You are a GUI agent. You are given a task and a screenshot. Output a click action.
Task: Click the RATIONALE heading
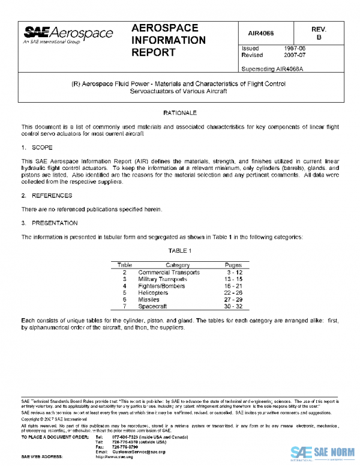click(180, 113)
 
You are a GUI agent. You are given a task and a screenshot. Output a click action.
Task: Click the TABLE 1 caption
click(180, 250)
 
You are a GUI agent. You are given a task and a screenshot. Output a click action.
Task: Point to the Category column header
click(178, 265)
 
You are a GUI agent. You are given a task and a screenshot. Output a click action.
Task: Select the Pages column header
click(233, 265)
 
